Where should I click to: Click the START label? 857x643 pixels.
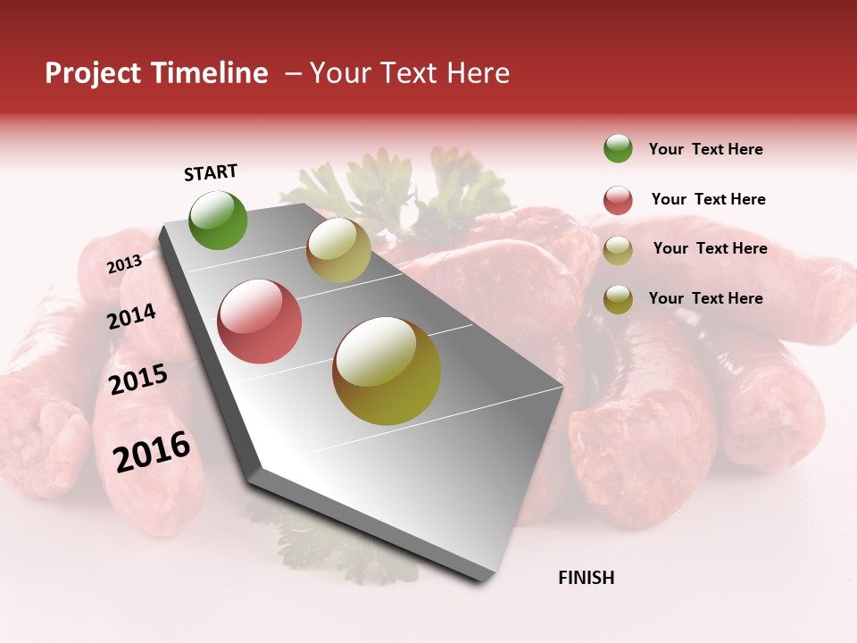(211, 172)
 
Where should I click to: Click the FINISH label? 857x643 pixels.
(586, 578)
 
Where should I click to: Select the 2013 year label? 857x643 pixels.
(124, 264)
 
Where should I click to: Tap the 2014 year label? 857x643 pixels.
(131, 316)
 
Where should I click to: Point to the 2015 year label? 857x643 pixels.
(138, 380)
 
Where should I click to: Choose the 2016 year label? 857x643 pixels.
(152, 452)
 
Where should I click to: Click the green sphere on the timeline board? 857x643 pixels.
(218, 220)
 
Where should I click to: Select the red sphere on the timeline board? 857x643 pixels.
(259, 321)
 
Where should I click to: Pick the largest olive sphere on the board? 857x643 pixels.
(387, 371)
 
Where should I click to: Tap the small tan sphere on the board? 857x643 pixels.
(338, 250)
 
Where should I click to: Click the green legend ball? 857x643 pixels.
(618, 148)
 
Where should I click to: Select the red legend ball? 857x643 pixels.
(618, 200)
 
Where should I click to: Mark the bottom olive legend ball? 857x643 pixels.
(618, 299)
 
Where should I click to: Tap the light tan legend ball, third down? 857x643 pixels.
(618, 250)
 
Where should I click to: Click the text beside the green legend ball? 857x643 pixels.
(705, 149)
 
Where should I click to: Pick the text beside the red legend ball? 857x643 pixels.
(708, 199)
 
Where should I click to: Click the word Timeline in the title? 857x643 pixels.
(209, 73)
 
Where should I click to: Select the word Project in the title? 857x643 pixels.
(93, 73)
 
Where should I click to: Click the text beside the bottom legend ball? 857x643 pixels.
(705, 298)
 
